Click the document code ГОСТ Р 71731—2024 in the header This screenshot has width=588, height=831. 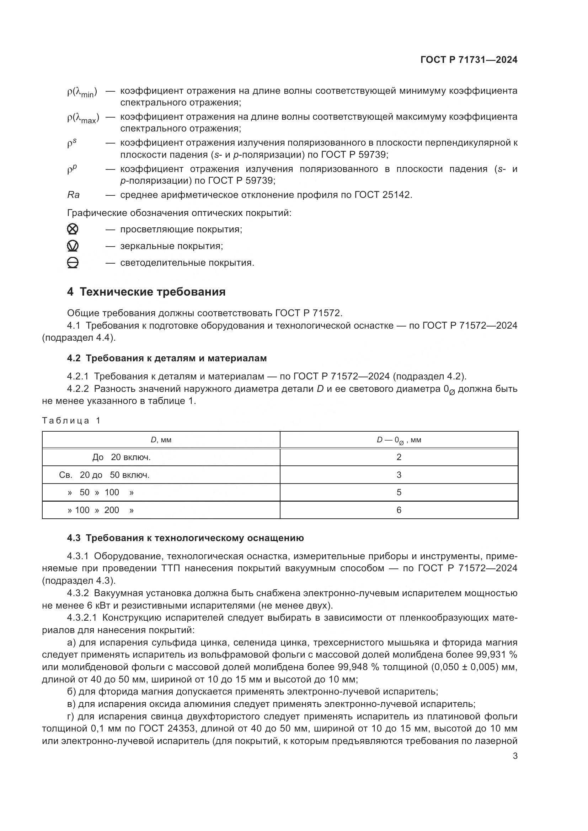[x=469, y=60]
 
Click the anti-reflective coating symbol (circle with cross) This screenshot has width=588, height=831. [x=73, y=229]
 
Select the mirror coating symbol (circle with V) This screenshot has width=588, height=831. [x=73, y=246]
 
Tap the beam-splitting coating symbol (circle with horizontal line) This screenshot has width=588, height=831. [x=73, y=263]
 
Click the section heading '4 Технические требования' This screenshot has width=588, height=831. [x=146, y=292]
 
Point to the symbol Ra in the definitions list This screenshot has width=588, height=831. [x=74, y=195]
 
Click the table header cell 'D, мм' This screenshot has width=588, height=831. [x=161, y=440]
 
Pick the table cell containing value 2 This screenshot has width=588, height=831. [x=399, y=457]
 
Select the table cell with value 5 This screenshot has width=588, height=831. [x=399, y=492]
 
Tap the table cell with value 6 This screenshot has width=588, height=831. [x=399, y=510]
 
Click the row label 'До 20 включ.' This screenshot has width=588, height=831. [x=121, y=457]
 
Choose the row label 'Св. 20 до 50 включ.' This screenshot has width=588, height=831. [x=104, y=475]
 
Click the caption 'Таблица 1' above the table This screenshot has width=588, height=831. [x=71, y=421]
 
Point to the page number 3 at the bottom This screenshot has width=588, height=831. [x=515, y=756]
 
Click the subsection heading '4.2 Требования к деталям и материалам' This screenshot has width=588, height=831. [x=167, y=358]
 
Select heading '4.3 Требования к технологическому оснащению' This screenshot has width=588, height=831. [x=185, y=538]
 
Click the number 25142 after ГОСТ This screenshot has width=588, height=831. [x=397, y=195]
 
